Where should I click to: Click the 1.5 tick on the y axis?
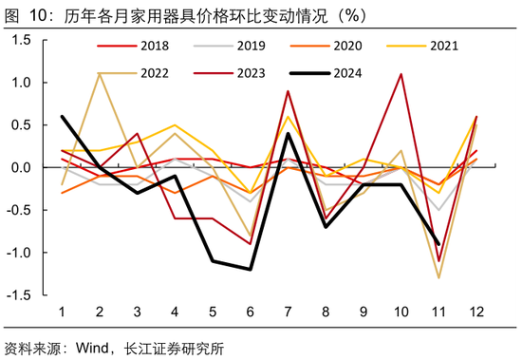pos(21,40)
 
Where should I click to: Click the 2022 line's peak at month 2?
pos(99,74)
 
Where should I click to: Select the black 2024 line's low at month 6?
pos(251,270)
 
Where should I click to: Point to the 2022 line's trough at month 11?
pos(439,277)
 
